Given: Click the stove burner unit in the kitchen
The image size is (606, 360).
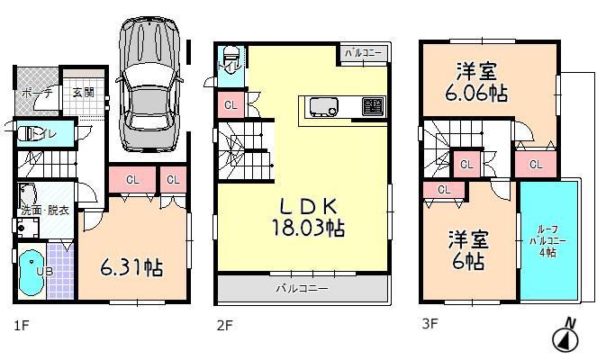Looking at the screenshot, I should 371,107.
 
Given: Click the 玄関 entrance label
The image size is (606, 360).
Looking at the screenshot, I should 83,92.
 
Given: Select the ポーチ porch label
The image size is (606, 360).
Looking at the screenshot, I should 38,93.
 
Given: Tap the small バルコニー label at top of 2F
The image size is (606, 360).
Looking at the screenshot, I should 363,54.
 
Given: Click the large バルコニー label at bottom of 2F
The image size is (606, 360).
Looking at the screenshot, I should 302,288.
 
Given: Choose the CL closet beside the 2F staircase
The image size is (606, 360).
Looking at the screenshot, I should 230,106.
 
